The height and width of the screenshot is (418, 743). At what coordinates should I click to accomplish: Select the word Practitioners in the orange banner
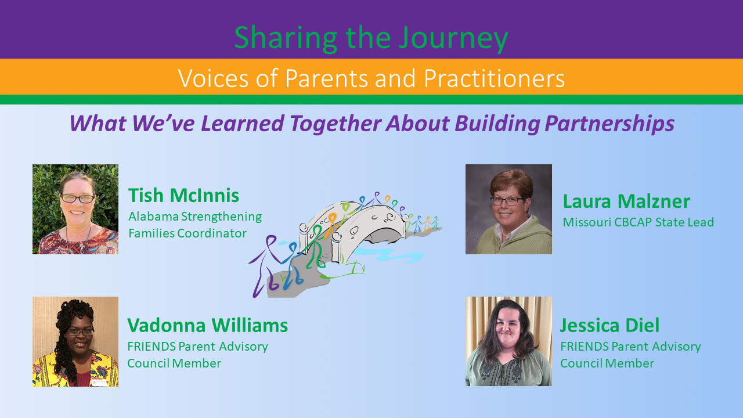[x=494, y=78]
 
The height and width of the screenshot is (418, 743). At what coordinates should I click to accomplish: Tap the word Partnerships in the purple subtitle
[x=609, y=124]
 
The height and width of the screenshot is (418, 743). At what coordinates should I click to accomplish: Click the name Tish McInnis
[x=183, y=195]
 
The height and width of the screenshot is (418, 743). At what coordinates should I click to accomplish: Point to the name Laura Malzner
[x=626, y=201]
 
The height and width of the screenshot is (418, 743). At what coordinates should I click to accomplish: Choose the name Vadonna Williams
[x=208, y=325]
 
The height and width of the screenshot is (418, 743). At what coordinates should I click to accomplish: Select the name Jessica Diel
[x=609, y=325]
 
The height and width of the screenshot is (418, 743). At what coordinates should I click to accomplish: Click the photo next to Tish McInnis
[x=75, y=210]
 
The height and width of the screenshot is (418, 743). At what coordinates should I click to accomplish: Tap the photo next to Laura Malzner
[x=508, y=210]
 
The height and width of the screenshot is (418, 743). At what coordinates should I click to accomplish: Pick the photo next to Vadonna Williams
[x=75, y=341]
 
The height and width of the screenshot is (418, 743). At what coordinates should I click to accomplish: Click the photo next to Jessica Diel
[x=508, y=341]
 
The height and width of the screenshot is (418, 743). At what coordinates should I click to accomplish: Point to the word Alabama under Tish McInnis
[x=154, y=217]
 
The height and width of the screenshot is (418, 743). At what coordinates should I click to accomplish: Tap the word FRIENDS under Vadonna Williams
[x=152, y=347]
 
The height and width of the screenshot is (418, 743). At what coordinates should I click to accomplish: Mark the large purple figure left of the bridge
[x=265, y=265]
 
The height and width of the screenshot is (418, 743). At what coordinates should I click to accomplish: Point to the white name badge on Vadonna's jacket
[x=99, y=383]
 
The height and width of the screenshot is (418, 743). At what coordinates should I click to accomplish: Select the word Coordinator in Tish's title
[x=212, y=233]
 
